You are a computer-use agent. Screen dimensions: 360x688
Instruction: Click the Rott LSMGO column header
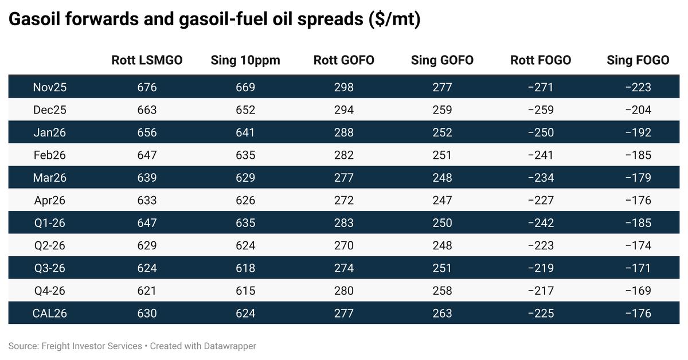[147, 60]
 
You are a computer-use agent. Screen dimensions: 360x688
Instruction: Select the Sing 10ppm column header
[245, 60]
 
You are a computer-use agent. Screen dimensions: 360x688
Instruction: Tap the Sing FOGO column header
[638, 60]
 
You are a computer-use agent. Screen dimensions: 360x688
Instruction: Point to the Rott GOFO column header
[344, 60]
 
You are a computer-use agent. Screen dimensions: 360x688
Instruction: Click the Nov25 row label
[49, 87]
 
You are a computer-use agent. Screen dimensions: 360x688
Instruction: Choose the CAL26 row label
[49, 313]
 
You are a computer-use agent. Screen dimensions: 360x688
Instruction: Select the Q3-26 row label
[49, 268]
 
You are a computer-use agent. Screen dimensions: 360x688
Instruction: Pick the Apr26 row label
[49, 200]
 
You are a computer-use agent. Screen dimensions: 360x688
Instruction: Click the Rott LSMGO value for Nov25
[147, 87]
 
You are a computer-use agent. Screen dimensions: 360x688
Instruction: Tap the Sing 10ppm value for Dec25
[245, 109]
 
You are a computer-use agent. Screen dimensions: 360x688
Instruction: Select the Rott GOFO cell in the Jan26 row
[344, 132]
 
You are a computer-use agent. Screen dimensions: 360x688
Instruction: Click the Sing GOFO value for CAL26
[442, 313]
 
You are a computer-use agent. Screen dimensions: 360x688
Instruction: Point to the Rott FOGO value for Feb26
[541, 155]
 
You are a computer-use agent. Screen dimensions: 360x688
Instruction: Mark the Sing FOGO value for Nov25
[638, 87]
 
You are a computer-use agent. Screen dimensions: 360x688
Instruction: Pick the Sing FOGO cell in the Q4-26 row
[638, 291]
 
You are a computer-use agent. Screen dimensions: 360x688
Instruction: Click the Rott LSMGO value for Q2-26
[147, 245]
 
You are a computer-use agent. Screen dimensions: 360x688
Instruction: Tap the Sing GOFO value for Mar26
[442, 178]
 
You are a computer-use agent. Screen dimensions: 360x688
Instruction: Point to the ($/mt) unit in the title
[395, 19]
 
